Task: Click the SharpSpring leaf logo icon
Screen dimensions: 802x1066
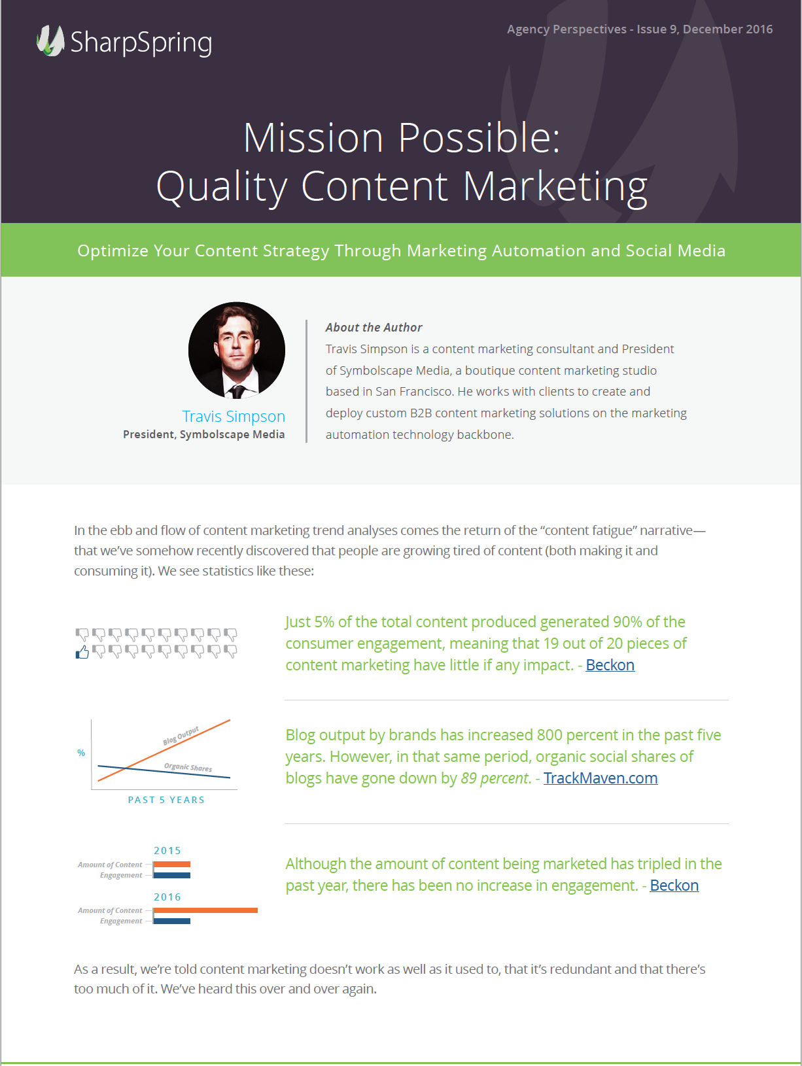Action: click(50, 41)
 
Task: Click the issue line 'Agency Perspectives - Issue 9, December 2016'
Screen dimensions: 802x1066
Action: click(640, 29)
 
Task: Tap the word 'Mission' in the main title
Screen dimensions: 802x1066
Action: click(313, 138)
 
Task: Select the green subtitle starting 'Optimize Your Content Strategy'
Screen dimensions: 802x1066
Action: click(401, 250)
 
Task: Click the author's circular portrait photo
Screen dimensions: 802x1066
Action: click(237, 350)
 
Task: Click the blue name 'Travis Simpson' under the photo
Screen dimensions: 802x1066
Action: click(234, 416)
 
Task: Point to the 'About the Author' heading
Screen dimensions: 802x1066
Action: click(374, 328)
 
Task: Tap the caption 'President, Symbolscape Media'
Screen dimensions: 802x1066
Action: click(204, 434)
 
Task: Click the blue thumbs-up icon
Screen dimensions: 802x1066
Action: click(82, 652)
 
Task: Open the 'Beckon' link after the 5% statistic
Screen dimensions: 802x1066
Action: click(610, 665)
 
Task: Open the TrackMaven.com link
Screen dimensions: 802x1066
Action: click(601, 778)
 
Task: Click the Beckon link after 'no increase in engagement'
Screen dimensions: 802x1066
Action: click(674, 885)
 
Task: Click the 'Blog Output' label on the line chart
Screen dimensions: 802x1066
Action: click(181, 736)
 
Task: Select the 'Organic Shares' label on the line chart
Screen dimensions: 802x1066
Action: click(188, 767)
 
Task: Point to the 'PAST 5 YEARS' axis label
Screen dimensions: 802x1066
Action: click(166, 800)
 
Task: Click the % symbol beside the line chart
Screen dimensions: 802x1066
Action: click(81, 753)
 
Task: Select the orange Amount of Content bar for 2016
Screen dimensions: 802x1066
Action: click(205, 910)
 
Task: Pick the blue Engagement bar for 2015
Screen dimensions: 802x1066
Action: click(172, 875)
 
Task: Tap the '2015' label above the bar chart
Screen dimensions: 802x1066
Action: click(167, 850)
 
